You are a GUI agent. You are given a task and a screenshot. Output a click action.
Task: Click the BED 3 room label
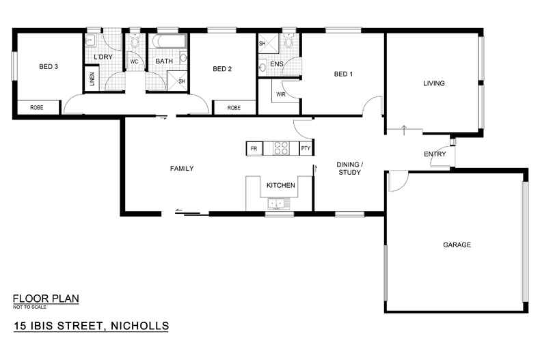click(x=47, y=66)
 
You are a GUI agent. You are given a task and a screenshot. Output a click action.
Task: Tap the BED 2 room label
click(x=223, y=68)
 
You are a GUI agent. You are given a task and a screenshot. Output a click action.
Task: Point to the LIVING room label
click(x=434, y=83)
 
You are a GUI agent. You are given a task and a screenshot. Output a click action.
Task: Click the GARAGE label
click(x=457, y=245)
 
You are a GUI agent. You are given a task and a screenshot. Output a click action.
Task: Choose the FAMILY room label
click(x=183, y=168)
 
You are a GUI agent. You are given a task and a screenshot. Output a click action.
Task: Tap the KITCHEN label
click(x=280, y=185)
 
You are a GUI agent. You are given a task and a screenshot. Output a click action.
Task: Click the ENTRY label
click(x=435, y=154)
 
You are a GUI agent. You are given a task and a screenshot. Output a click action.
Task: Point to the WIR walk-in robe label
click(x=280, y=94)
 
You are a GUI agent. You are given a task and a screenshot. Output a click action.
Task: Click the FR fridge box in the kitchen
click(x=254, y=148)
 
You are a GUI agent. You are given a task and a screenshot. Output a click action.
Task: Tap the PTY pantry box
click(x=305, y=148)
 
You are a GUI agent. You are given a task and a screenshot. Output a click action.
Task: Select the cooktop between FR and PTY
click(x=280, y=147)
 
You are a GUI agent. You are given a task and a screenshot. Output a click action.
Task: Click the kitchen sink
click(x=277, y=203)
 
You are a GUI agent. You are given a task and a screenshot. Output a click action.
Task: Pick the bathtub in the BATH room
click(x=167, y=42)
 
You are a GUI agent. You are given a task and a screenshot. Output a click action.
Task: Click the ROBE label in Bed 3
click(x=36, y=108)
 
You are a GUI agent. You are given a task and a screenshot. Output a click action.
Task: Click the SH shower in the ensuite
click(x=262, y=44)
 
